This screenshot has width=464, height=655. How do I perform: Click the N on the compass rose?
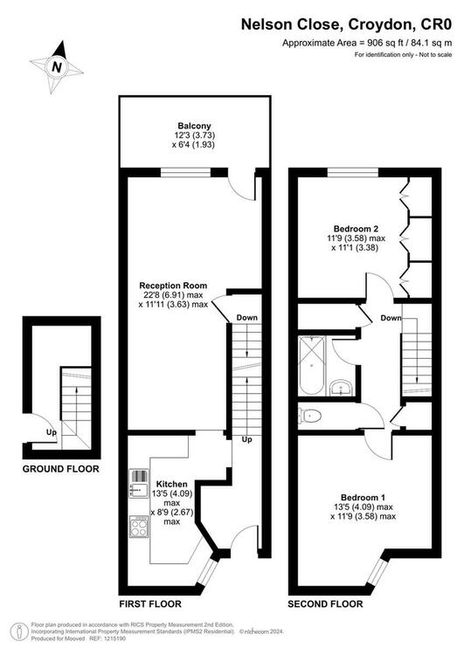tap(57, 67)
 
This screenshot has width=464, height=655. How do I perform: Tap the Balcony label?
tap(194, 126)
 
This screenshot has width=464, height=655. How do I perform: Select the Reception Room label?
tap(173, 286)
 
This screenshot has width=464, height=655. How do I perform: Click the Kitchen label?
tap(172, 484)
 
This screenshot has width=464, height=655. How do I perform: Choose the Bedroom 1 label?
tap(363, 498)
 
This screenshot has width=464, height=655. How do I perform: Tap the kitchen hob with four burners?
tap(139, 527)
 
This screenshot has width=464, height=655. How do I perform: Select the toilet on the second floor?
tap(310, 416)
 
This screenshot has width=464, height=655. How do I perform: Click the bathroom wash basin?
tap(342, 388)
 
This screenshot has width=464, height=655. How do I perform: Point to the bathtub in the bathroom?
tap(311, 366)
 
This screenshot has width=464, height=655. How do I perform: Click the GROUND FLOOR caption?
tap(61, 469)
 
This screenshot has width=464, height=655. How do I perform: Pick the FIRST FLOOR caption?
tap(150, 604)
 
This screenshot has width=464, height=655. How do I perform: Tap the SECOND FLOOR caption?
tap(325, 604)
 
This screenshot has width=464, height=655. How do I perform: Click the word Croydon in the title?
tap(379, 24)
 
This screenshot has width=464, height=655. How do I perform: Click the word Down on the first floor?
tap(247, 318)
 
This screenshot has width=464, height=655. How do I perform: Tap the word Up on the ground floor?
tap(51, 433)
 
